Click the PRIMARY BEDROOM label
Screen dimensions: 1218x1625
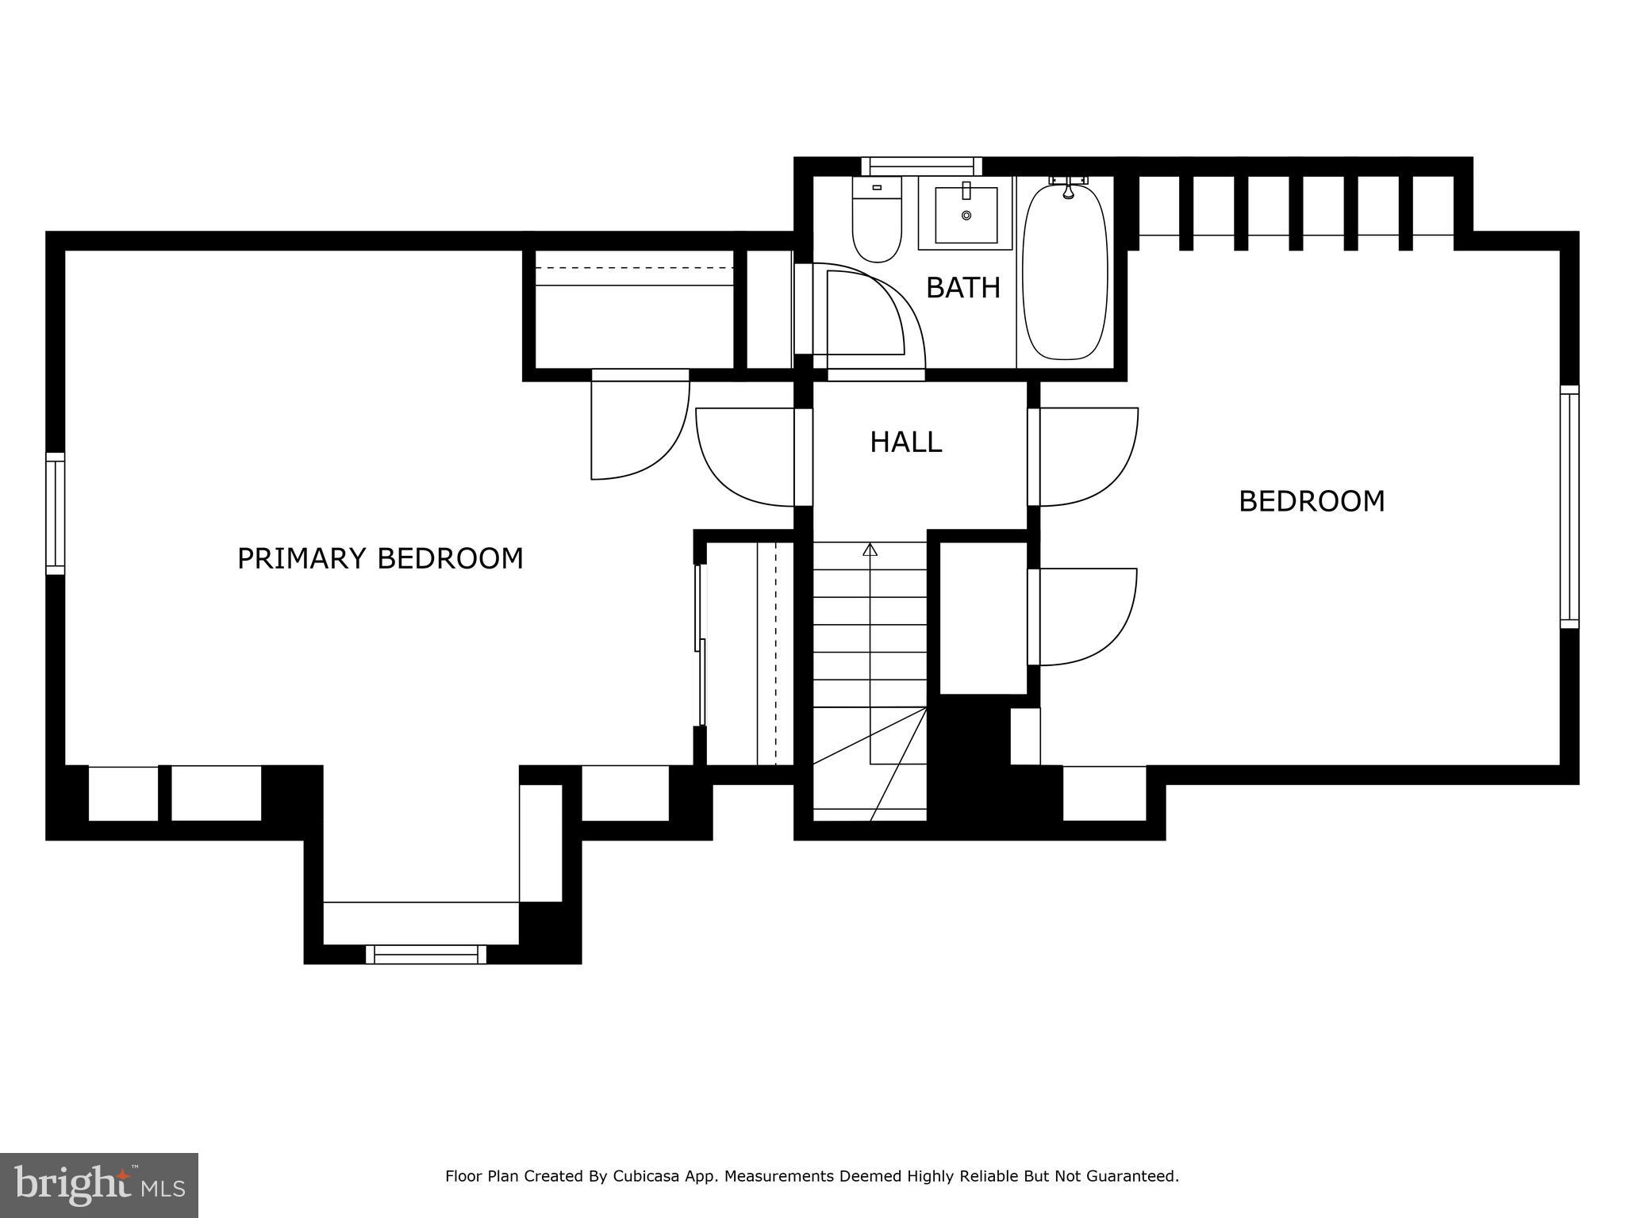click(x=380, y=558)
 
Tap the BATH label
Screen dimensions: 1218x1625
click(x=962, y=287)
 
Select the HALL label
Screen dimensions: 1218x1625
click(x=905, y=442)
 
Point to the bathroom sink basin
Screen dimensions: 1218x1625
click(x=966, y=215)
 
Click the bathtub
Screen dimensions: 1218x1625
click(x=1065, y=271)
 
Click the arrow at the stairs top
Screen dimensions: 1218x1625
click(x=870, y=549)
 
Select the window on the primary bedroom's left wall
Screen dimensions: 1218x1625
click(x=55, y=513)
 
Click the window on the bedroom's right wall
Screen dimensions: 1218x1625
click(x=1569, y=507)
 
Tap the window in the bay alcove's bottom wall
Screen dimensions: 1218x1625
click(x=426, y=954)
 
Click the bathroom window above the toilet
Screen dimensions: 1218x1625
click(x=921, y=166)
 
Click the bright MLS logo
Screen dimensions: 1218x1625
click(x=98, y=1185)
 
